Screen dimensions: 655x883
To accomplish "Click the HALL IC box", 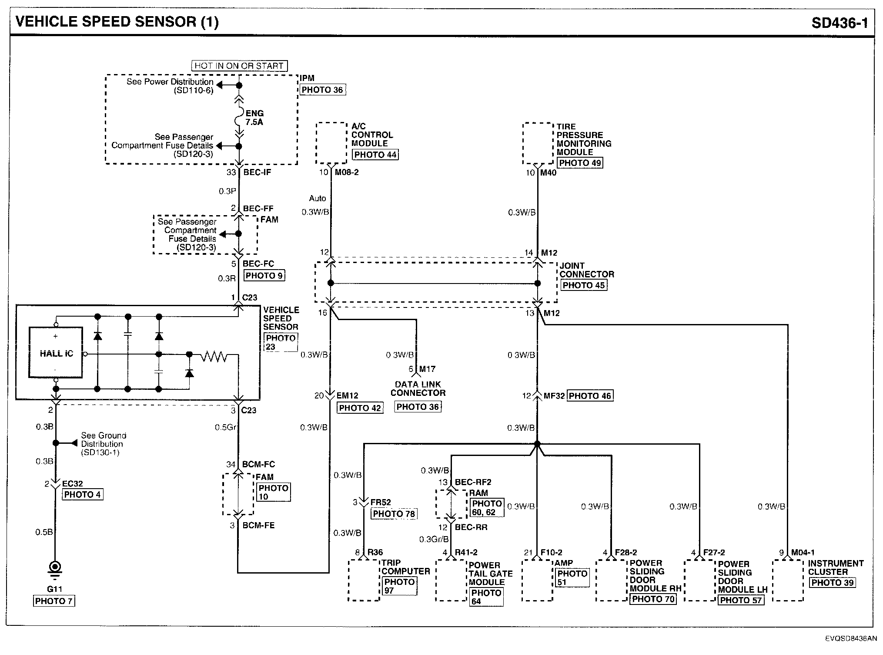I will tap(56, 353).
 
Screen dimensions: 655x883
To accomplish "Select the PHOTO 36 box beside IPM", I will tap(322, 90).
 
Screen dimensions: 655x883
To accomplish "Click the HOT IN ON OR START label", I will tap(239, 66).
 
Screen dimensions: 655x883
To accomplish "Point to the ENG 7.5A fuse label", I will tap(254, 118).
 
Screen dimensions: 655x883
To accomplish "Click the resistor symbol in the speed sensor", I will tap(214, 357).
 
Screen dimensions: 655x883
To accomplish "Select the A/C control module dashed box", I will tap(331, 143).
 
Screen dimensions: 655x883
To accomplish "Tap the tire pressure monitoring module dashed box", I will tap(538, 144).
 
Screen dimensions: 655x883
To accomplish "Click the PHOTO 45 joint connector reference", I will tap(583, 285).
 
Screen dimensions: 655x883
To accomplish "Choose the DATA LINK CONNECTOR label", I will tap(418, 388).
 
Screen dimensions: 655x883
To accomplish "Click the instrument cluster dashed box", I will tap(788, 581).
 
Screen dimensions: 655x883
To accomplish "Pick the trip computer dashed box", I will tap(364, 581).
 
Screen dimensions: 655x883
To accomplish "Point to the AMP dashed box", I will tap(537, 581).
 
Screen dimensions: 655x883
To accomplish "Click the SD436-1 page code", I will tap(840, 23).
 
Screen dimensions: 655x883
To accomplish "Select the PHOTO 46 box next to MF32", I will tap(590, 396).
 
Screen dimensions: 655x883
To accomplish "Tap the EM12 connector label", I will tap(348, 396).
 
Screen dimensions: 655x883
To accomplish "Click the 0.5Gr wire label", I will tap(225, 428).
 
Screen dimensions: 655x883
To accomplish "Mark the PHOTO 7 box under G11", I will tap(54, 601).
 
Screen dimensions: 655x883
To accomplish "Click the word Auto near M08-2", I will tap(318, 199).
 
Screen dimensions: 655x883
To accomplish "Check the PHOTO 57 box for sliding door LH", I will tap(741, 600).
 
